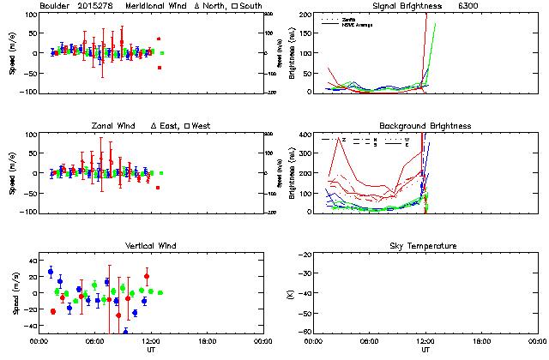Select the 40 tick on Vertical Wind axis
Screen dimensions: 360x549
[28, 260]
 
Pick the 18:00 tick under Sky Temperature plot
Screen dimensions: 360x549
[482, 340]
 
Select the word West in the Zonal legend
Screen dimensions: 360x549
[202, 126]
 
